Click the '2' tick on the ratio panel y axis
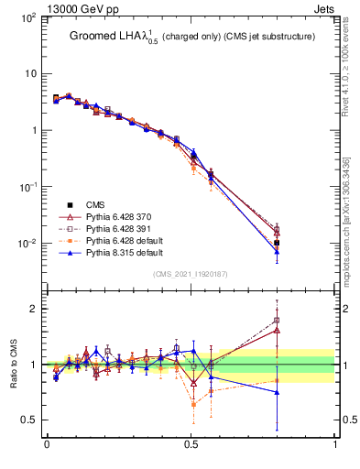coord(32,309)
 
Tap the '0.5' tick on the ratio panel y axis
coord(29,420)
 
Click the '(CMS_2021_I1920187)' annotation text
coord(191,274)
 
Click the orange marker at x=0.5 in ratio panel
coord(193,404)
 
